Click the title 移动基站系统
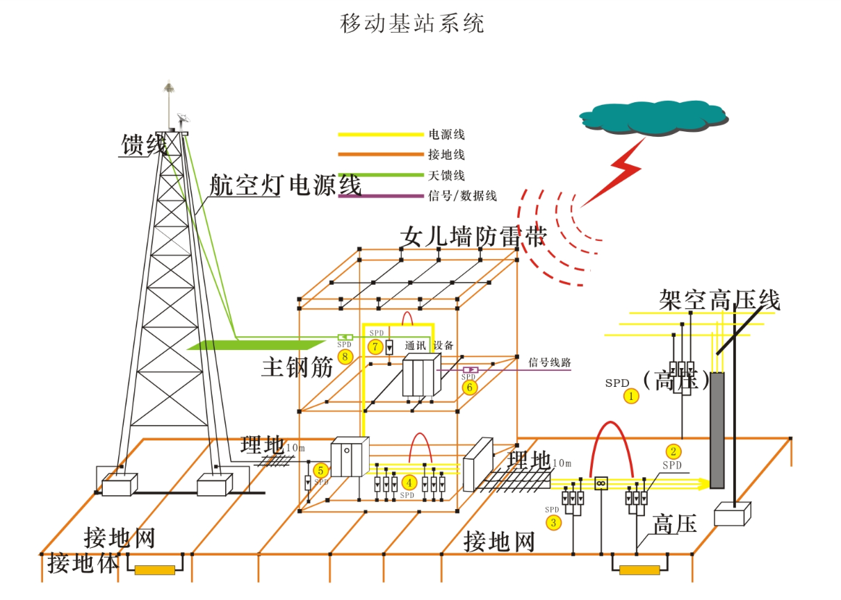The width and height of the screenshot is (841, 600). (411, 24)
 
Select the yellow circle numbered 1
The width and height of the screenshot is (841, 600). (631, 396)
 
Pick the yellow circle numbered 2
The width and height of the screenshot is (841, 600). (672, 450)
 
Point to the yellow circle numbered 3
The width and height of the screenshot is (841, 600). (553, 522)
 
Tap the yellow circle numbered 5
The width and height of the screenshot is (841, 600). (320, 471)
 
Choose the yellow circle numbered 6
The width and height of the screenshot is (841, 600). (470, 387)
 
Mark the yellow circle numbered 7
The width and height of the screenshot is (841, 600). (375, 345)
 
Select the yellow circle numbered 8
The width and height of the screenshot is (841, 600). (345, 357)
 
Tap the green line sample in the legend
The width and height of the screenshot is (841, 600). (379, 175)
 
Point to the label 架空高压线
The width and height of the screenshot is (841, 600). (719, 300)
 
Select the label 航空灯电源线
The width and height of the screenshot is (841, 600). (286, 186)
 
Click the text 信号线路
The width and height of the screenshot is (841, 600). (550, 362)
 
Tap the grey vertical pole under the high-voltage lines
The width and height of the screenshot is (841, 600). (717, 431)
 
